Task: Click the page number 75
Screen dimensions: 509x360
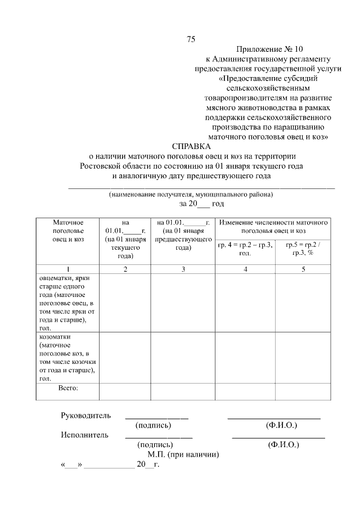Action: [191, 39]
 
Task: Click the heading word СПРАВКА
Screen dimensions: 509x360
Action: [191, 146]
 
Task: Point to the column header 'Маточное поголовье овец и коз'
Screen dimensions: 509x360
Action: [67, 231]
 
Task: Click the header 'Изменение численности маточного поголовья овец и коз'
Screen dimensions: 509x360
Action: [273, 227]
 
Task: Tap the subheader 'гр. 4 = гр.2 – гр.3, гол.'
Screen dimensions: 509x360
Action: [245, 249]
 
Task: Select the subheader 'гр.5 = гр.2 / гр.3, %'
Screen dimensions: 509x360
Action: [303, 249]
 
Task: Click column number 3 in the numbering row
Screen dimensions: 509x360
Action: [183, 269]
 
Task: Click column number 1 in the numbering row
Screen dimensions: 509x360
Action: [67, 269]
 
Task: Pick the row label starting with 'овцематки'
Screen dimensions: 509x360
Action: [66, 303]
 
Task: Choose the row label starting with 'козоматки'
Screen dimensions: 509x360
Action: [66, 357]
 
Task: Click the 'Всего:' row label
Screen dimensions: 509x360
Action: [68, 388]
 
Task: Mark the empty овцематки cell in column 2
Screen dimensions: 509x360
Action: [125, 303]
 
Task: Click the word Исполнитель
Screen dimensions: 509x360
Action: [84, 435]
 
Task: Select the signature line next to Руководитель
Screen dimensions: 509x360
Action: [156, 418]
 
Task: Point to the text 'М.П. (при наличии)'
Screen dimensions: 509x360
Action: [183, 454]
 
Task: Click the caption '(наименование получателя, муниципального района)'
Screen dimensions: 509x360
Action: [191, 195]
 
